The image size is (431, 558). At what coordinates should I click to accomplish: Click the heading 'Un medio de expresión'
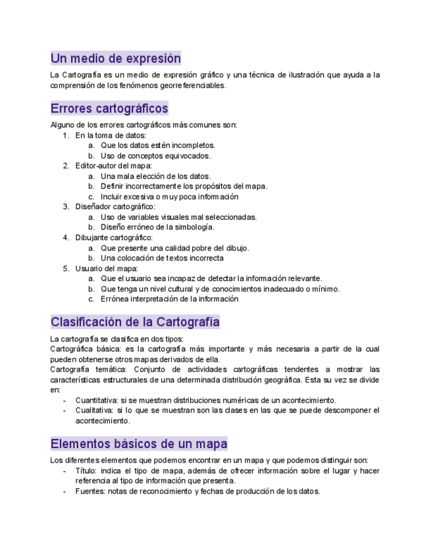click(115, 58)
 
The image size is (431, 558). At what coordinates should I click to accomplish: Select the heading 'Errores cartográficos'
click(109, 108)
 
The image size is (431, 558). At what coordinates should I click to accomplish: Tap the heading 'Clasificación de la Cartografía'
click(135, 322)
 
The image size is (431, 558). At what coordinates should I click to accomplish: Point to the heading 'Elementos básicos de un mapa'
click(139, 444)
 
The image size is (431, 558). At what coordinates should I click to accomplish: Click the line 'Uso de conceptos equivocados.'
click(155, 156)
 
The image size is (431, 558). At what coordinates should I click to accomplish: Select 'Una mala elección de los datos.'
click(155, 176)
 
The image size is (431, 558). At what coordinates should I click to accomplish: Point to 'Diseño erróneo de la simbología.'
click(157, 227)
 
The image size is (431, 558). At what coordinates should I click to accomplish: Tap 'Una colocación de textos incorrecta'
click(162, 258)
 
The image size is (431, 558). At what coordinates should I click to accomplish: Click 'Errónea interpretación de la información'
click(169, 299)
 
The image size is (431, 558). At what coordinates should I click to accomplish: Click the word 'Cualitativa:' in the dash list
click(94, 411)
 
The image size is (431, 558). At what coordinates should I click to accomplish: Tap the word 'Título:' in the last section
click(86, 471)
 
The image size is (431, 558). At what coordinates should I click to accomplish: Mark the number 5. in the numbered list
click(66, 268)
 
